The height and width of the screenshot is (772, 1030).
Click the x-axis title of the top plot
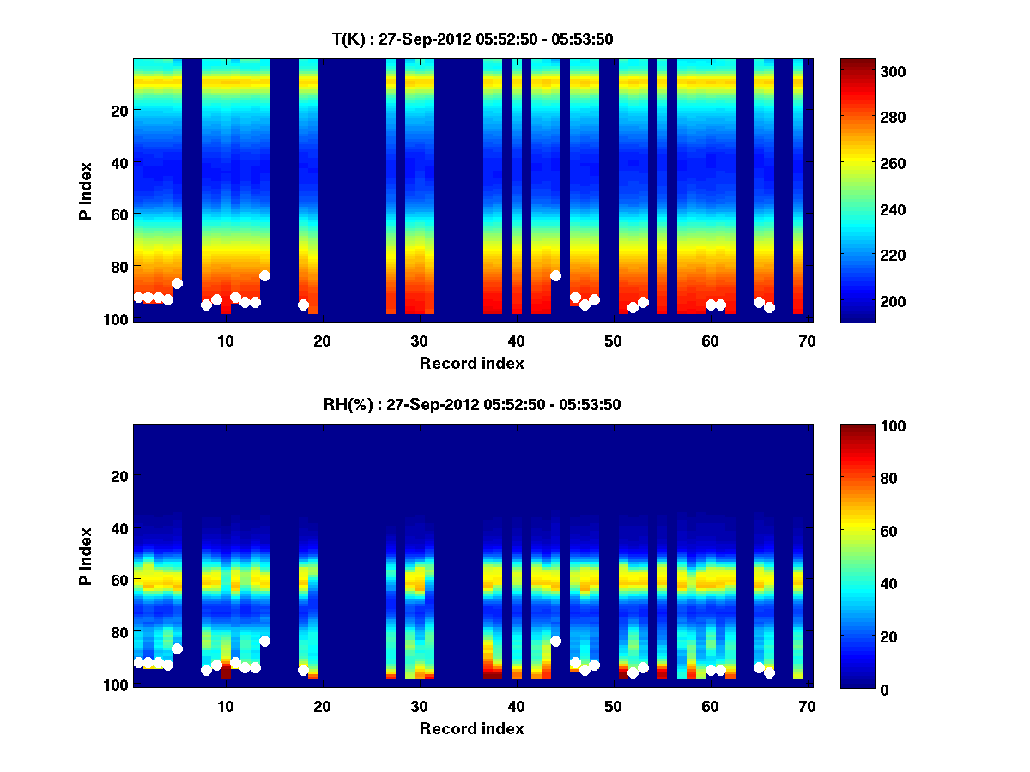coord(472,363)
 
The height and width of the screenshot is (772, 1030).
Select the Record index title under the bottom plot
coord(472,728)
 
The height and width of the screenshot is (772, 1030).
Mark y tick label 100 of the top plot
coord(117,319)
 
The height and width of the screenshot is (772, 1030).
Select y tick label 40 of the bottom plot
coord(119,528)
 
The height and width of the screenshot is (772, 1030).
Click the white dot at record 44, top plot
coord(555,275)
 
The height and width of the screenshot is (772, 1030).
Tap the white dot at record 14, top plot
coord(264,275)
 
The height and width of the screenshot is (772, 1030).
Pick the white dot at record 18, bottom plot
coord(303,670)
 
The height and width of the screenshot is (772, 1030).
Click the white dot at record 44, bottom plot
coord(555,641)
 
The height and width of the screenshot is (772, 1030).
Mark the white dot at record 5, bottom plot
coord(177,648)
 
